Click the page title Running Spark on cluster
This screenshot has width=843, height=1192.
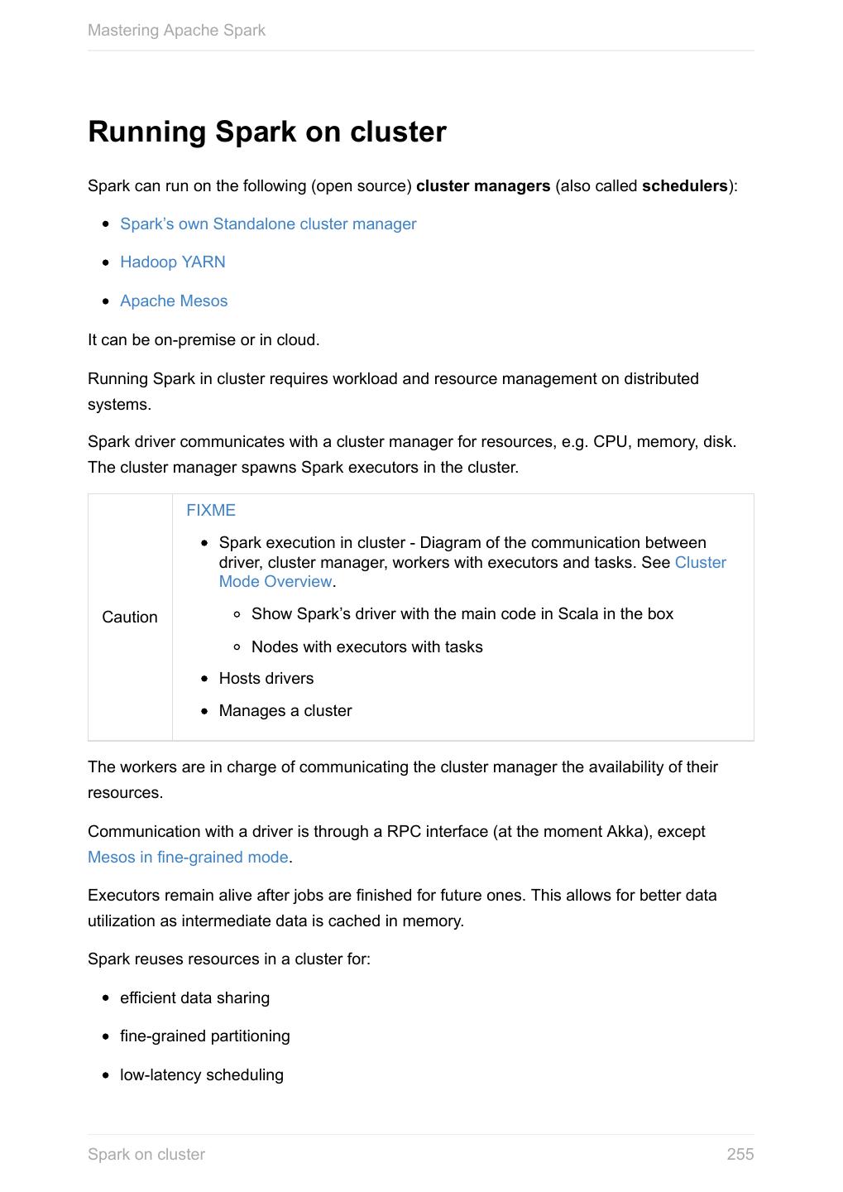267,132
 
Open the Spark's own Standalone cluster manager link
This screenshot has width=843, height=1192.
268,224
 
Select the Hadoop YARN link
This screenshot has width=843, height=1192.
172,262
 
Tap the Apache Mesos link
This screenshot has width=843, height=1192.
174,301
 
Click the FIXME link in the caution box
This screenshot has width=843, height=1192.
211,511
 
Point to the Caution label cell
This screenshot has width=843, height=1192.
130,618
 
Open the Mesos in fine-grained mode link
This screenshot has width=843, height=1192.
188,858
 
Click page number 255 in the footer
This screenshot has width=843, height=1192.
740,1155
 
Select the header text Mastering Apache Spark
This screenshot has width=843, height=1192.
176,31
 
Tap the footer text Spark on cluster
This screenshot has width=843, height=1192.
146,1155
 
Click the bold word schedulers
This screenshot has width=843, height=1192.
684,186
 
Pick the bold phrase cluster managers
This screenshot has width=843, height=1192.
483,186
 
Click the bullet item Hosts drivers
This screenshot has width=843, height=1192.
266,679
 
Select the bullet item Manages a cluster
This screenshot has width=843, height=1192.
285,711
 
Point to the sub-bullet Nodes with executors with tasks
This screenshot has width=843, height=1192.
366,647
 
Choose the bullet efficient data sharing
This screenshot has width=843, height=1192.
194,998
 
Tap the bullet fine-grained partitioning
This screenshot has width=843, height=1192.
204,1036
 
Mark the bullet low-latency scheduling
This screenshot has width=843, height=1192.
201,1075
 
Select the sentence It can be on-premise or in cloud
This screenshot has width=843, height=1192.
204,340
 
